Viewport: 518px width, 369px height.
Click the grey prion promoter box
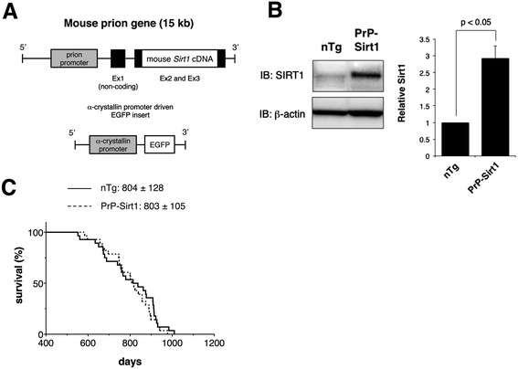(74, 58)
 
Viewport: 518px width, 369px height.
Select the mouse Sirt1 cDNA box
(180, 58)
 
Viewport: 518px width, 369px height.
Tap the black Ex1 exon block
(118, 58)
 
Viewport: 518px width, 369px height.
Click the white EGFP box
(160, 144)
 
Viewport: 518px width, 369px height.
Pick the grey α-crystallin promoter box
(113, 144)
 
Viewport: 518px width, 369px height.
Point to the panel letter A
(10, 12)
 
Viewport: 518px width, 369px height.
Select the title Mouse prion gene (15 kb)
(129, 24)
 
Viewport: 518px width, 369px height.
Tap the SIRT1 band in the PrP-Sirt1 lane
(366, 75)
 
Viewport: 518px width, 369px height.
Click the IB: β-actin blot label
(282, 114)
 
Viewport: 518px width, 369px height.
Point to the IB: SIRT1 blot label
(281, 76)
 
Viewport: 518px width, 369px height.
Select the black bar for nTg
(456, 139)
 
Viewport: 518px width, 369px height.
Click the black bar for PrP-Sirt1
(495, 107)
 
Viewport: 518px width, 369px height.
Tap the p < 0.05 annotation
(476, 22)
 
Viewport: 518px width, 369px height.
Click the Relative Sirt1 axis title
(401, 93)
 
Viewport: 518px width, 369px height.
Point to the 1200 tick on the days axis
(214, 343)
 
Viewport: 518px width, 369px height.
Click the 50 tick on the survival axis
(38, 283)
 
